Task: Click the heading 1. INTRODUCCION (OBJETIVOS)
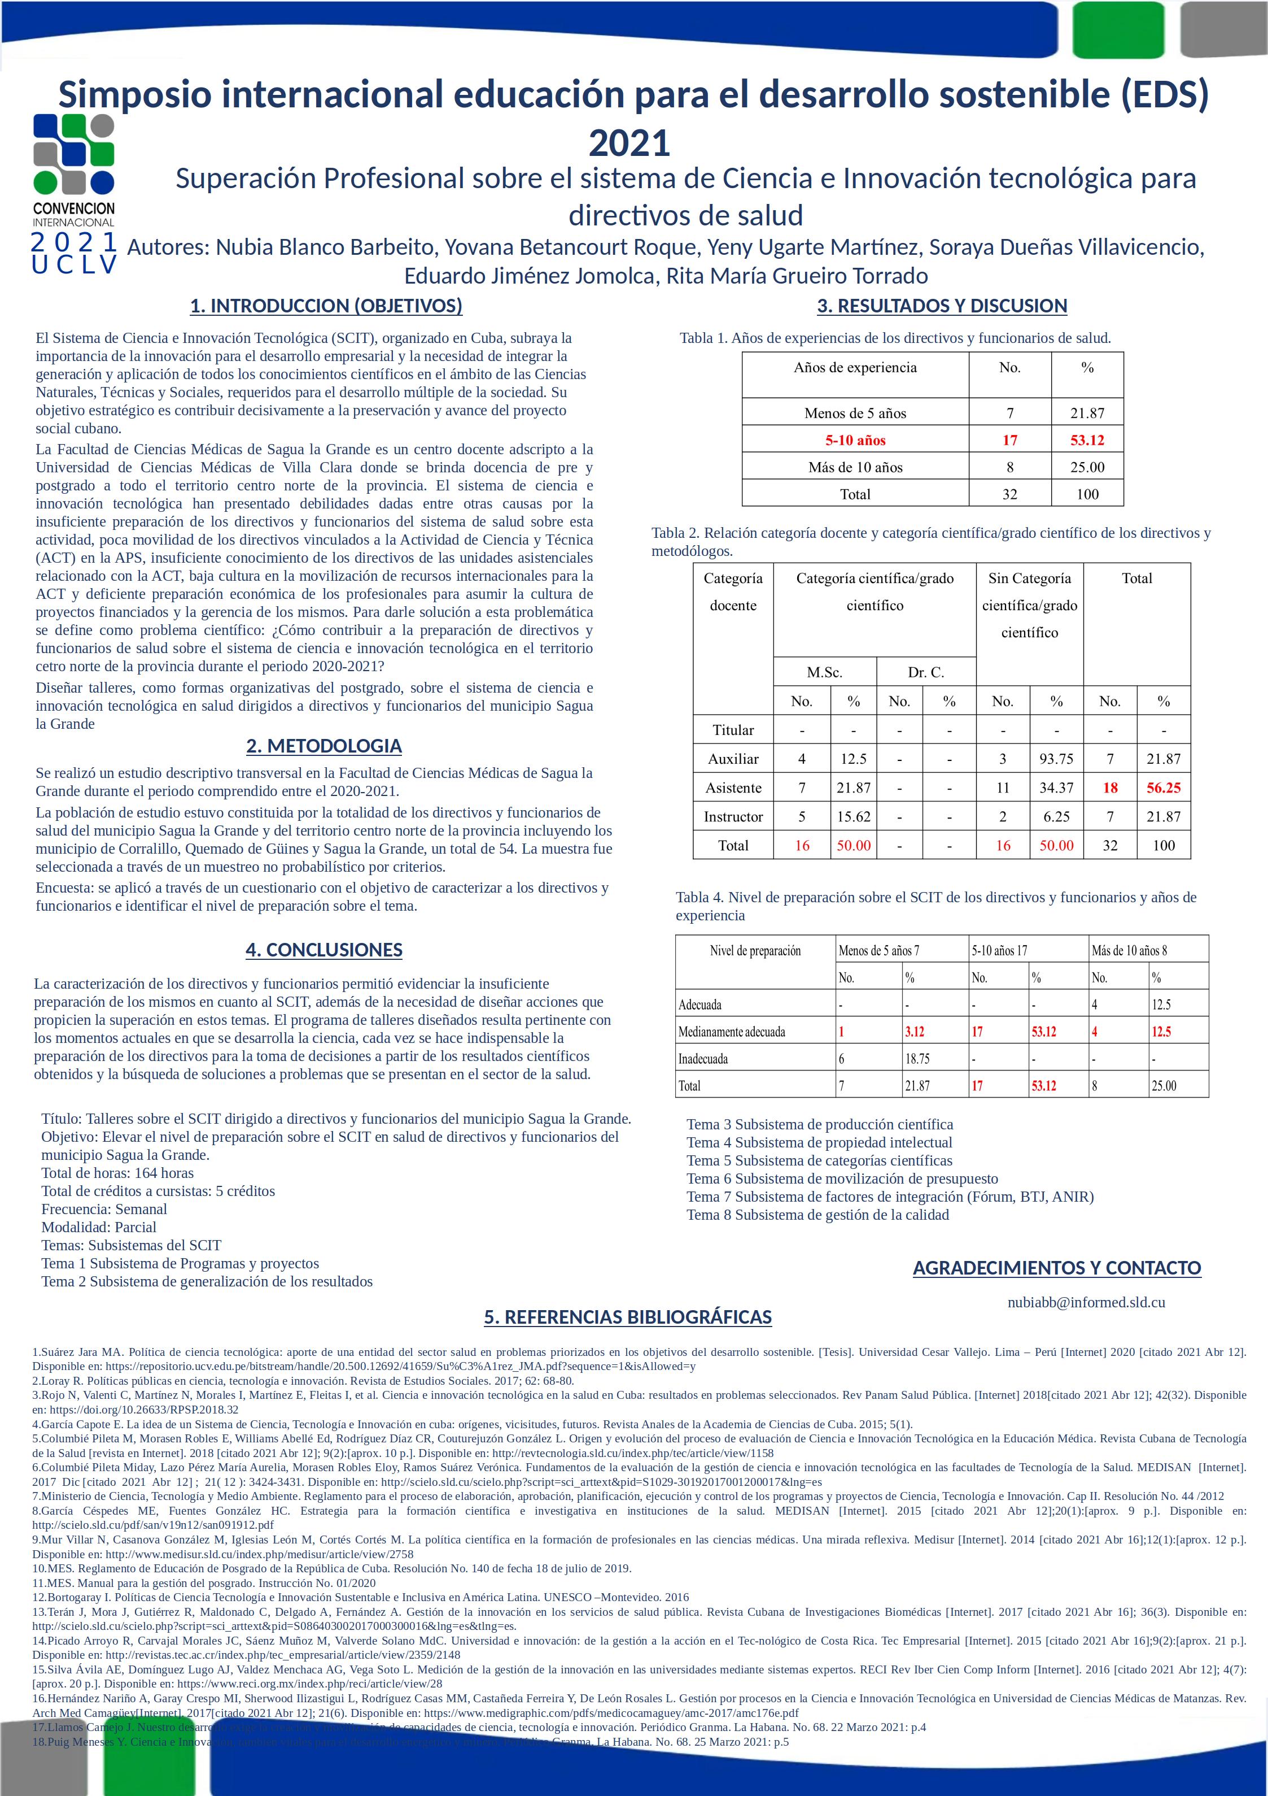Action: click(326, 306)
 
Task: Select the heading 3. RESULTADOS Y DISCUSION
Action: click(942, 306)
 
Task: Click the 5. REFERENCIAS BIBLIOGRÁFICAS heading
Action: click(628, 1317)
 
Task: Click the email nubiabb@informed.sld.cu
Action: click(1086, 1302)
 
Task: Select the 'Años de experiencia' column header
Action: click(855, 368)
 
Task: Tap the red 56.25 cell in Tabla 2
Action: click(1163, 788)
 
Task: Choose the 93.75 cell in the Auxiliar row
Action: click(1056, 759)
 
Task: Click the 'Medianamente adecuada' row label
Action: click(732, 1032)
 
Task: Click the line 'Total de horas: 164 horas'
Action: click(117, 1172)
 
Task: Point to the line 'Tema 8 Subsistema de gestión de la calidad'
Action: click(817, 1215)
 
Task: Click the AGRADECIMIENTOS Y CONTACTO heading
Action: click(1056, 1268)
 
